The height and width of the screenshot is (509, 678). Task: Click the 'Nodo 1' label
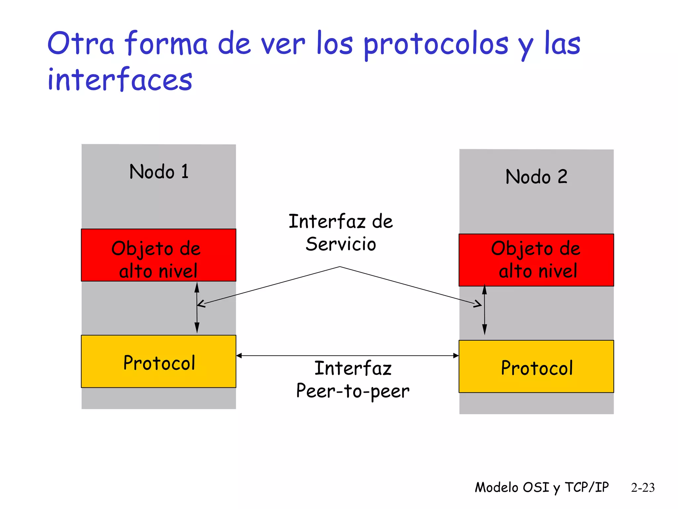coord(159,172)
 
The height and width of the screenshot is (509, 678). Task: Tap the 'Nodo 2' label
coord(536,177)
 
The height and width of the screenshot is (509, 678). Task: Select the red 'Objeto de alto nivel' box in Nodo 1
coord(159,255)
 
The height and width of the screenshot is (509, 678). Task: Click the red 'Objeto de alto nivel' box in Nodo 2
coord(536,260)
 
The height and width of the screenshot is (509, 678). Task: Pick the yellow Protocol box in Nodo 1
coord(159,362)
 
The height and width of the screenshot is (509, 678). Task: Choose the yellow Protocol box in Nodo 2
coord(536,367)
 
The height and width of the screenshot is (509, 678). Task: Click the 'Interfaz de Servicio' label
coord(341,233)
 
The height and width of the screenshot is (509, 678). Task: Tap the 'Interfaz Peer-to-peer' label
coord(353,380)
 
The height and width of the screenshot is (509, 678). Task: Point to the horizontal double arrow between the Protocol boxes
coord(347,356)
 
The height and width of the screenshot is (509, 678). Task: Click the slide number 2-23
coord(643,487)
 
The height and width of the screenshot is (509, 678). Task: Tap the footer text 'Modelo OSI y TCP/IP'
coord(542,487)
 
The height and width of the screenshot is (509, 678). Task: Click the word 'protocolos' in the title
coord(436,45)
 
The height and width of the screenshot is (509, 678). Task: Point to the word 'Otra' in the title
coord(81,44)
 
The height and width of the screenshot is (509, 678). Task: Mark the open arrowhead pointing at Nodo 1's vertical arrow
coord(201,304)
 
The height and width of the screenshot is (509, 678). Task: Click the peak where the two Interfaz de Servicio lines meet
coord(340,267)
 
